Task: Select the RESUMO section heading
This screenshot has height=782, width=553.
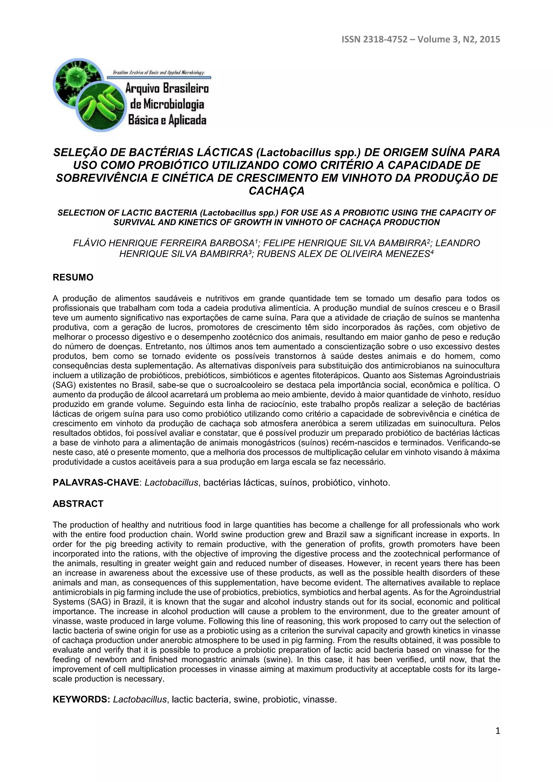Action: coord(73,278)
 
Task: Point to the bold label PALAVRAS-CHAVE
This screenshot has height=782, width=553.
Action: coord(96,483)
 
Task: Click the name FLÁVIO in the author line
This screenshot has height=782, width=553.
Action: coord(89,243)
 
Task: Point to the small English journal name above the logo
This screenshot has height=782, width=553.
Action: coord(158,73)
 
